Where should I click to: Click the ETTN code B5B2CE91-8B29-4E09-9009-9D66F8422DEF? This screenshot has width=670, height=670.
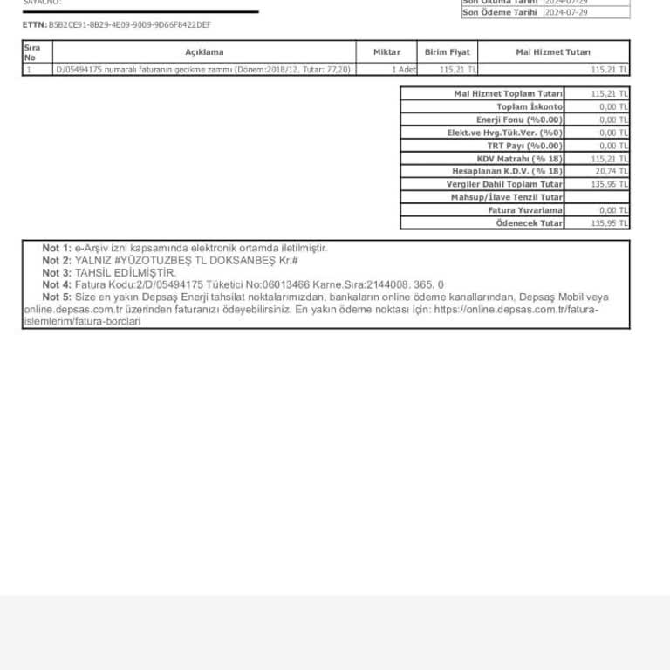[x=129, y=25]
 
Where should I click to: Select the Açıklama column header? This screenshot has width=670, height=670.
[x=204, y=52]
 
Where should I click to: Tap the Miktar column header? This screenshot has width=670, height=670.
[x=386, y=52]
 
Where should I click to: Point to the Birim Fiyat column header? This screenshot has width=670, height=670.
[x=447, y=52]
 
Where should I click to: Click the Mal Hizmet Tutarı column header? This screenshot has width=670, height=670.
[x=553, y=52]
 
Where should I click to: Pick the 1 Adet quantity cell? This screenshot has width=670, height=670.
[x=404, y=69]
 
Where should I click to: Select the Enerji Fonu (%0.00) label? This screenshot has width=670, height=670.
[x=519, y=120]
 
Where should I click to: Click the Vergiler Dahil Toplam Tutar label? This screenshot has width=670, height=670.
[x=504, y=184]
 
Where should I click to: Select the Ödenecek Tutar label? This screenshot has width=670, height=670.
[x=530, y=223]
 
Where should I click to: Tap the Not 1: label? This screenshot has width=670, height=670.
[x=57, y=249]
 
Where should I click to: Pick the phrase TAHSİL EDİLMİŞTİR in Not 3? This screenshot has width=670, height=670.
[x=126, y=273]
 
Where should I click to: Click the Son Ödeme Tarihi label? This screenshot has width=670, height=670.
[x=500, y=12]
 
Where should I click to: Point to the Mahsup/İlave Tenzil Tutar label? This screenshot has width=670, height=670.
[x=506, y=197]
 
